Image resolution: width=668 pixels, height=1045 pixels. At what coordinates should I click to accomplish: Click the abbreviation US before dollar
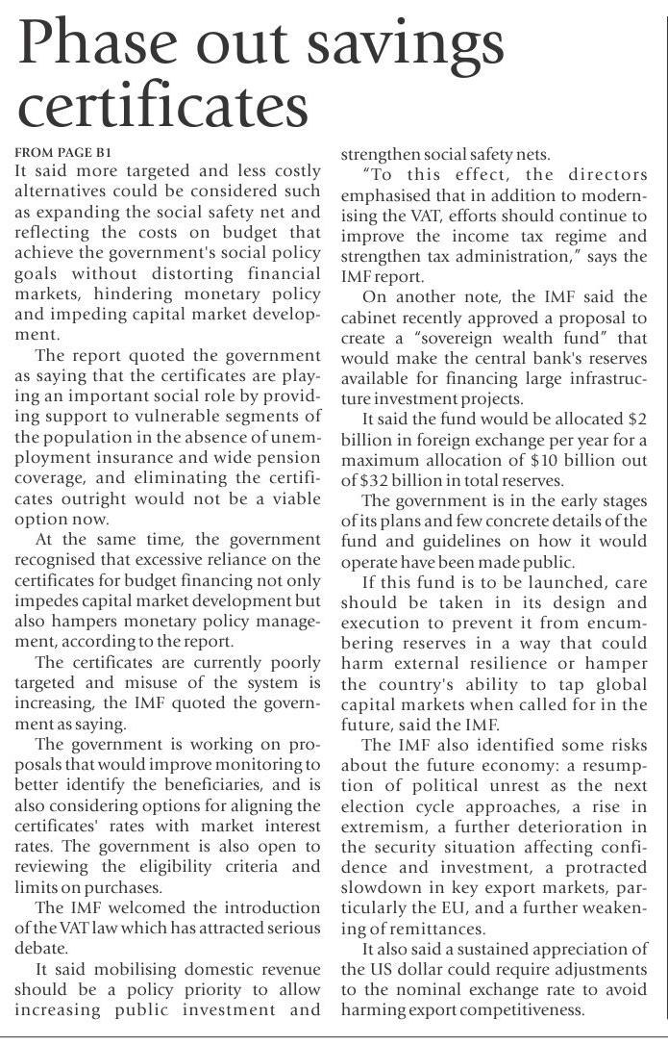tap(359, 969)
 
